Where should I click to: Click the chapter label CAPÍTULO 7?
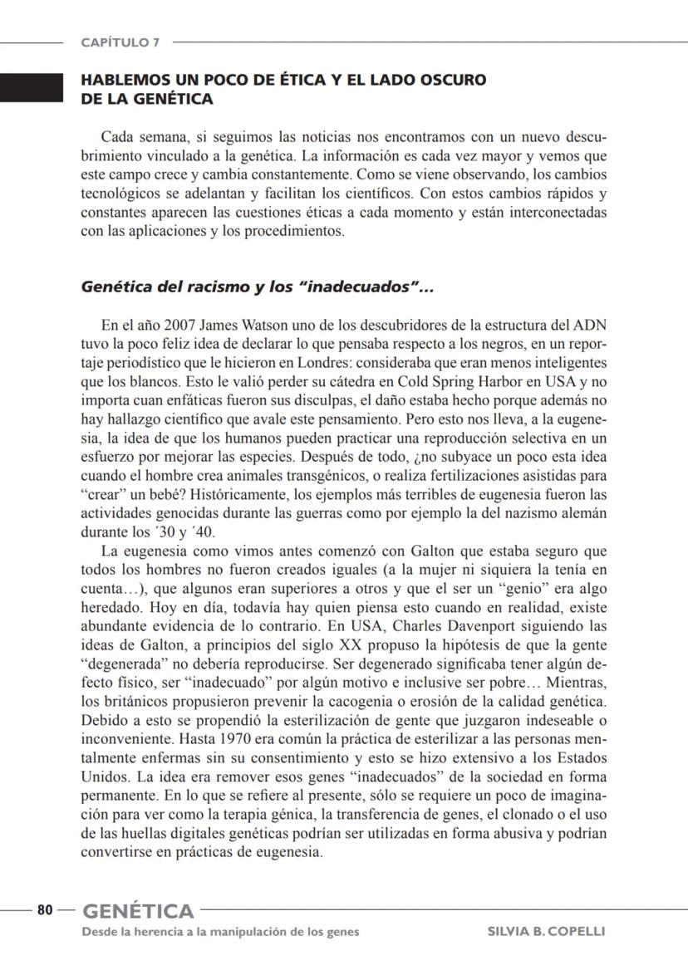[120, 42]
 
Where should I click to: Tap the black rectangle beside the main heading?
[32, 87]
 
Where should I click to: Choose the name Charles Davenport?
[449, 626]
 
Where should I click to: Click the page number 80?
[45, 910]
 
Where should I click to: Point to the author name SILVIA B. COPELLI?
[546, 932]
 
